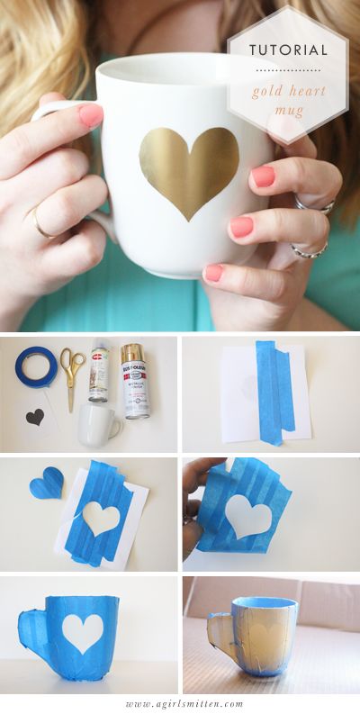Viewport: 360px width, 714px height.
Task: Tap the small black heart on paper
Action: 35,417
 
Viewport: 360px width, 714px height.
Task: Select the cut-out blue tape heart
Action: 47,484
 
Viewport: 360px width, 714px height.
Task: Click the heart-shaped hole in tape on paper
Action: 101,518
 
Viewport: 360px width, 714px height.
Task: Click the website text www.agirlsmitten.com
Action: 179,703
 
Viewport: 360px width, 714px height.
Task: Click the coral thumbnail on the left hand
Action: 90,114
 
